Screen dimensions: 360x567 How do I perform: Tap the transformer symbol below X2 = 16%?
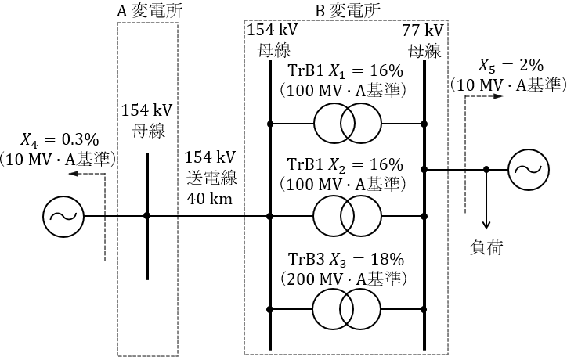click(x=346, y=216)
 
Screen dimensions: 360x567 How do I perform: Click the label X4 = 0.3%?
click(x=60, y=140)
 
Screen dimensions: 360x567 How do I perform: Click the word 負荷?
click(x=486, y=248)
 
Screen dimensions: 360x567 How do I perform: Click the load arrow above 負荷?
click(x=486, y=219)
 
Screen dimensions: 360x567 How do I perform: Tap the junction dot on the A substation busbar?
click(x=146, y=216)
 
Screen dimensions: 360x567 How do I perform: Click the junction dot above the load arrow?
click(x=486, y=169)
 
